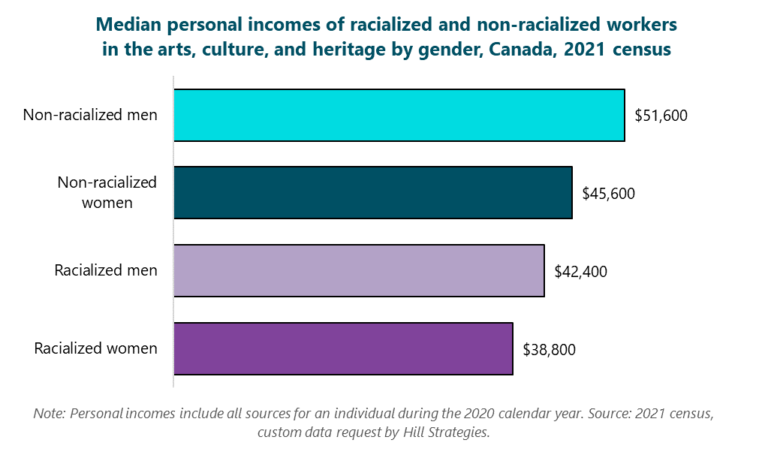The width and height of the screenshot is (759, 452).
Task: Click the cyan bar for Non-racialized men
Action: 399,115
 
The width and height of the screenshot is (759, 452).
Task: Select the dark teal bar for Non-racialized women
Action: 372,193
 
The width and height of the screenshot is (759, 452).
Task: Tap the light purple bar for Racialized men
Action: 358,270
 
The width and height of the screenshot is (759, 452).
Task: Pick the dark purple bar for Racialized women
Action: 342,348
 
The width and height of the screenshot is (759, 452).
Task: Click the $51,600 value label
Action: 661,116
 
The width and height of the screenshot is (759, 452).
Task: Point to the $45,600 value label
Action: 608,194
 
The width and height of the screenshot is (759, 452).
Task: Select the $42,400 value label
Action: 580,271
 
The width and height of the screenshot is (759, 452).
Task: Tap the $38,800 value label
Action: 549,349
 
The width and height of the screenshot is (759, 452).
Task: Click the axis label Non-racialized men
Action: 90,115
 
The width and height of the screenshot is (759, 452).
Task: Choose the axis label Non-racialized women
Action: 107,192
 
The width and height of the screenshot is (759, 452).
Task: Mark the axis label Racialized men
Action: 106,270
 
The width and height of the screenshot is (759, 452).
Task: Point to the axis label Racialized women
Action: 96,348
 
